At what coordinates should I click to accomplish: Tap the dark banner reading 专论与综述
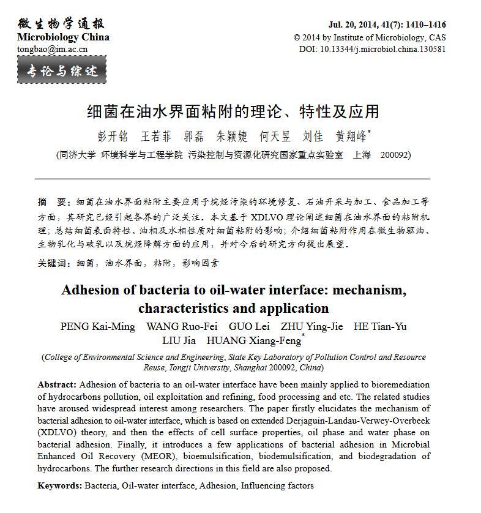click(x=62, y=70)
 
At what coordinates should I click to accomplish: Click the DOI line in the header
click(x=372, y=49)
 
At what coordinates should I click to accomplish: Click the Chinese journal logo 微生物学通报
click(x=61, y=23)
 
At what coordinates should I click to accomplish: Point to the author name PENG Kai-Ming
click(x=97, y=326)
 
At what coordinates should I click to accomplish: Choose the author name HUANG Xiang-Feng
click(x=254, y=341)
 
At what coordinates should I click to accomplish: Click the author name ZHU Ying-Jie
click(x=311, y=326)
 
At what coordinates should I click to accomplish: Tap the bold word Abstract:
click(x=57, y=384)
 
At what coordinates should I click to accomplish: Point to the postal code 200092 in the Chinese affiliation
click(x=395, y=155)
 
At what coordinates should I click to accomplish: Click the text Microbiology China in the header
click(x=63, y=37)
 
